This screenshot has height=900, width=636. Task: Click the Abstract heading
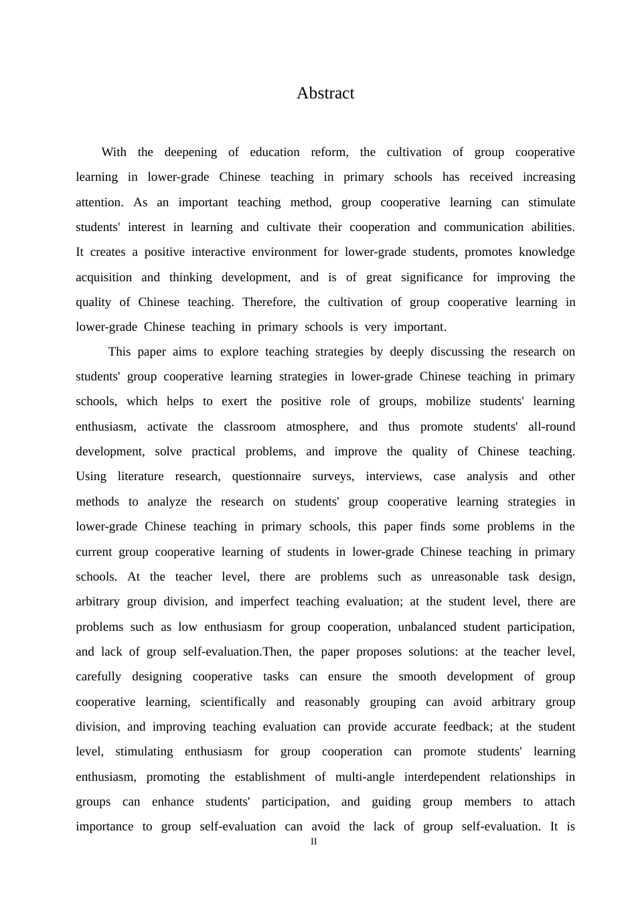tap(325, 93)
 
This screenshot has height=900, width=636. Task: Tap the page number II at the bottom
tap(313, 842)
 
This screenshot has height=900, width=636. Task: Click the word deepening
tap(190, 152)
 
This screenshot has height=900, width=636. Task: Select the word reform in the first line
tap(329, 152)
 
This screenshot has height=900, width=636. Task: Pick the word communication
tap(483, 227)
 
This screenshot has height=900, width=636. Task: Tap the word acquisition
tap(104, 277)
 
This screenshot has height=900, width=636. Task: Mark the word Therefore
tap(268, 302)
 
